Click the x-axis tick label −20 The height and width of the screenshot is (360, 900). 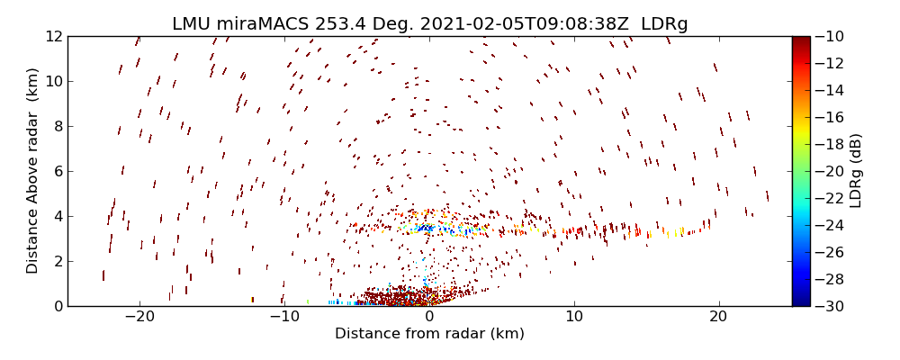click(x=139, y=318)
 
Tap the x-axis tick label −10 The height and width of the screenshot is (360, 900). click(x=284, y=318)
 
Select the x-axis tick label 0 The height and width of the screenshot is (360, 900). click(x=429, y=318)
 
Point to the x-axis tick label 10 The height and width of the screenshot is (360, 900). click(x=574, y=318)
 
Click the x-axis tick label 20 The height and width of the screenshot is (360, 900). click(x=718, y=318)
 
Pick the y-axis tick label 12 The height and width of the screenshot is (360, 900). click(x=52, y=36)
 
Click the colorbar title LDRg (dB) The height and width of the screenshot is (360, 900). click(x=856, y=171)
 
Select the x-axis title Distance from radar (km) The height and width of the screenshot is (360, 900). click(x=429, y=334)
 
